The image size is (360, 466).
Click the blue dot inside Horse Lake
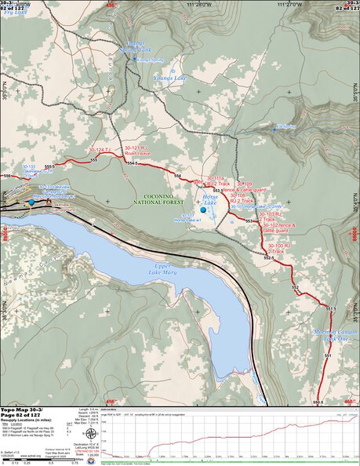point(203,210)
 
